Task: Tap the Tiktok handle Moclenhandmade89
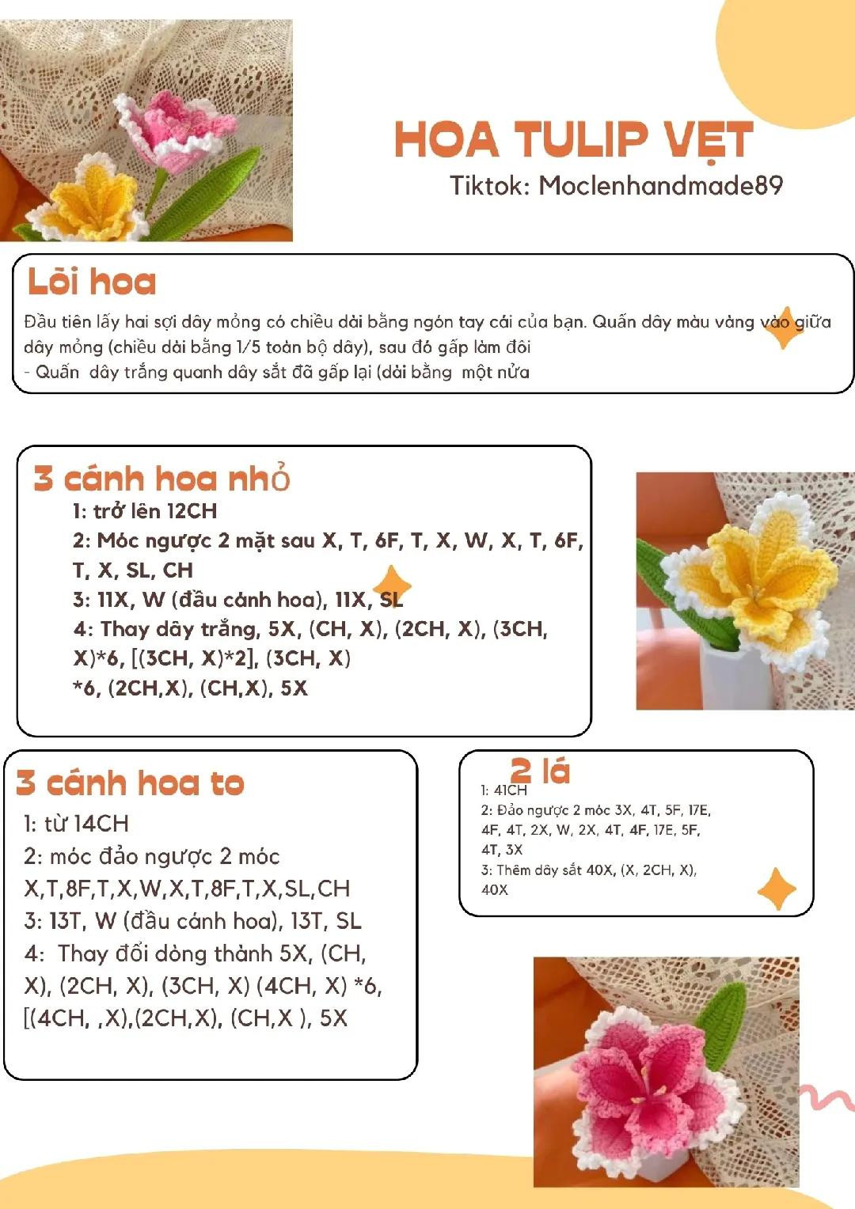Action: pos(660,186)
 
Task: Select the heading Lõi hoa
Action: pos(92,282)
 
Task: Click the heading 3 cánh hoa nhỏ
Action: pos(161,479)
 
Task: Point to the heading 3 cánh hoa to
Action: pos(131,783)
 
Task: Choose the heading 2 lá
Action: pos(540,771)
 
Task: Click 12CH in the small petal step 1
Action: pos(192,511)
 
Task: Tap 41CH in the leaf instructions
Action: pos(510,790)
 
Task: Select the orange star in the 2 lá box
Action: pos(777,889)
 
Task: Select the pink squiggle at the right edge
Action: pos(827,1101)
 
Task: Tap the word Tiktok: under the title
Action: pos(489,186)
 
